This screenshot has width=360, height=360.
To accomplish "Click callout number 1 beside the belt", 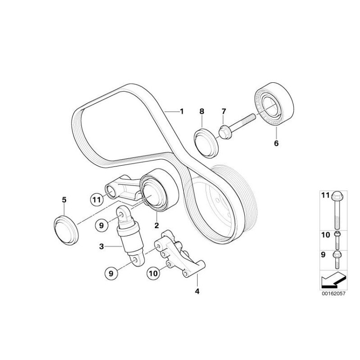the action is [x=182, y=112].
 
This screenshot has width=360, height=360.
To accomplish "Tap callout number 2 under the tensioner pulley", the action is [x=157, y=225].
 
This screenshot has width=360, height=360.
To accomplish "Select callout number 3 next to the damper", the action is [x=102, y=247].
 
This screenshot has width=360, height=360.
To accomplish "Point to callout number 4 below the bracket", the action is [x=197, y=291].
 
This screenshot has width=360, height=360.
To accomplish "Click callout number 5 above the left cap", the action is [x=64, y=200].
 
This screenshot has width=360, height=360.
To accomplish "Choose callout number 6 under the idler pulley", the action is [x=276, y=143].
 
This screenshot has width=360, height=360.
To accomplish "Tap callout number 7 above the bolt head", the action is [x=224, y=112].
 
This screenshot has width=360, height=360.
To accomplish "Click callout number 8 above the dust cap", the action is [x=202, y=112].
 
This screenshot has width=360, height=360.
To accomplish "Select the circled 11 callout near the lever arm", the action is [x=97, y=200].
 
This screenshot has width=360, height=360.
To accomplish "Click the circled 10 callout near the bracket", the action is [x=153, y=273].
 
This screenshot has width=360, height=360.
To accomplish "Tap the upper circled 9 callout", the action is [x=102, y=225].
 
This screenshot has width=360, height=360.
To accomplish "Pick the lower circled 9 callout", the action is [x=111, y=274].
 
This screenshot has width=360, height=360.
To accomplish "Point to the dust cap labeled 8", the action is [x=206, y=143].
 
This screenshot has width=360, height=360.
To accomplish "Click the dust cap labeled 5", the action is [x=66, y=230].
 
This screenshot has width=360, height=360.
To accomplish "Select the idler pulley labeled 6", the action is [x=274, y=104].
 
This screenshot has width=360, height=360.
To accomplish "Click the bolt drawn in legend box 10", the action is [x=337, y=240].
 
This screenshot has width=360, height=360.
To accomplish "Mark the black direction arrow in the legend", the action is [x=333, y=279].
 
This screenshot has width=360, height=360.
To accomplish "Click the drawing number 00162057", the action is [x=333, y=293].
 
